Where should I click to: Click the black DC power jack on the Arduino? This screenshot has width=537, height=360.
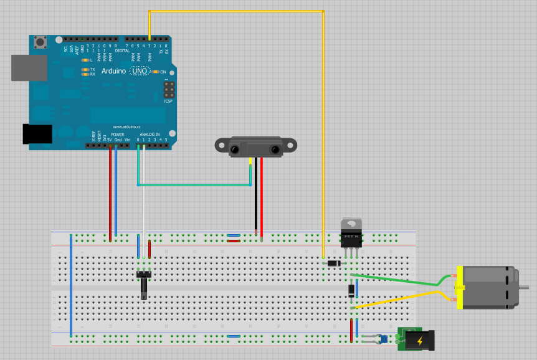click(x=37, y=135)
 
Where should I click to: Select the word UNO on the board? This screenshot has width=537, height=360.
click(x=139, y=72)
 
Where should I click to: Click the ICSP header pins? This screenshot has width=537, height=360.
click(x=169, y=91)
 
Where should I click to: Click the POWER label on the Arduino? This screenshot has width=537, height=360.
click(x=117, y=134)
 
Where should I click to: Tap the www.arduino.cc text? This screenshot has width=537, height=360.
click(x=126, y=126)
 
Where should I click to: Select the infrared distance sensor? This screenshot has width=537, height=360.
click(x=256, y=147)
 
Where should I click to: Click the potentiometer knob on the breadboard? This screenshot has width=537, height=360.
click(x=144, y=288)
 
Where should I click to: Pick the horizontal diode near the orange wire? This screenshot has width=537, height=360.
click(x=334, y=264)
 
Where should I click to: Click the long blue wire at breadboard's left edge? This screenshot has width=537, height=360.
click(x=71, y=287)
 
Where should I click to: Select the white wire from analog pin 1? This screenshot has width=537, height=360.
click(x=144, y=199)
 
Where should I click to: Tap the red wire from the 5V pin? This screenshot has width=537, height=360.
click(x=110, y=193)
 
